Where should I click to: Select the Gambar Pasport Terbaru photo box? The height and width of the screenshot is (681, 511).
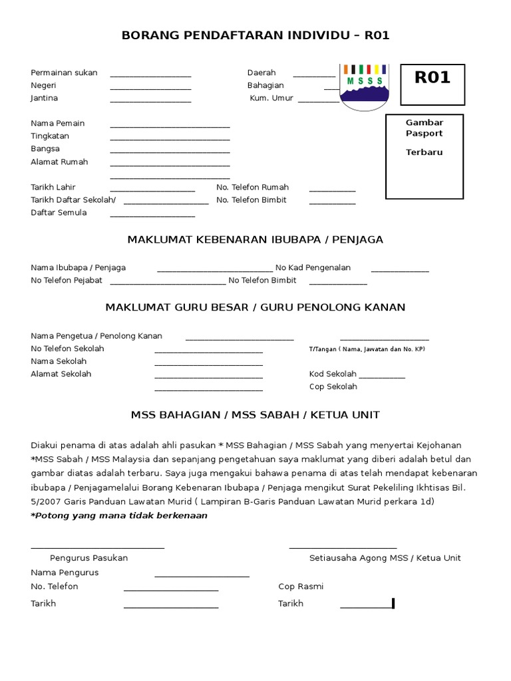[425, 156]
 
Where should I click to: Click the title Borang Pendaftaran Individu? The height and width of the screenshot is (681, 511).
[255, 36]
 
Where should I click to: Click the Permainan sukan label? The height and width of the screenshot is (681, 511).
[64, 72]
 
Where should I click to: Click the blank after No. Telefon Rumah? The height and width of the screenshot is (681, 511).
[332, 190]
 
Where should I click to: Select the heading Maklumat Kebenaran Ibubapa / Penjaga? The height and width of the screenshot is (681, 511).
[255, 239]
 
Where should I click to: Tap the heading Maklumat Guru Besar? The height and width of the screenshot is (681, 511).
[255, 307]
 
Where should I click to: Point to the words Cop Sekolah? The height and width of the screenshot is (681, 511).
[333, 386]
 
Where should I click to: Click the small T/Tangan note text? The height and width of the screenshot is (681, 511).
[367, 349]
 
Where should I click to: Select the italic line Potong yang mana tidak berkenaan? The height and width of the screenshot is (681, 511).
[119, 515]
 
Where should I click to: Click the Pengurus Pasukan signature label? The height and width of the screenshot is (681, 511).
[89, 558]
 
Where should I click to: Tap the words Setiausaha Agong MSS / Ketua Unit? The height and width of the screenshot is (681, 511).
[385, 558]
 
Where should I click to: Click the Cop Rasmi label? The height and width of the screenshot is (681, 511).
[301, 586]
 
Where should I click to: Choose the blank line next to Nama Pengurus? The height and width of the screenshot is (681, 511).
[202, 575]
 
